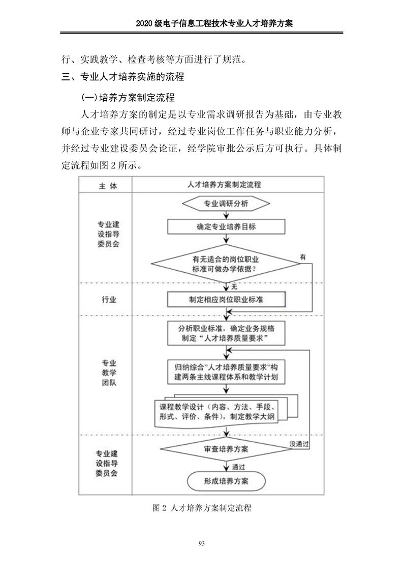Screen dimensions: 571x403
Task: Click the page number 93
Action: click(x=201, y=544)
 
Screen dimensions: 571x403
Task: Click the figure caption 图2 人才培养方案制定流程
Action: click(x=202, y=508)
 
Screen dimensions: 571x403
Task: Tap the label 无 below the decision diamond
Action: click(x=234, y=287)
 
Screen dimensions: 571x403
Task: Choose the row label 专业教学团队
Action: click(x=109, y=372)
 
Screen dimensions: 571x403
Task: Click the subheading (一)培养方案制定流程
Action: click(x=128, y=97)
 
